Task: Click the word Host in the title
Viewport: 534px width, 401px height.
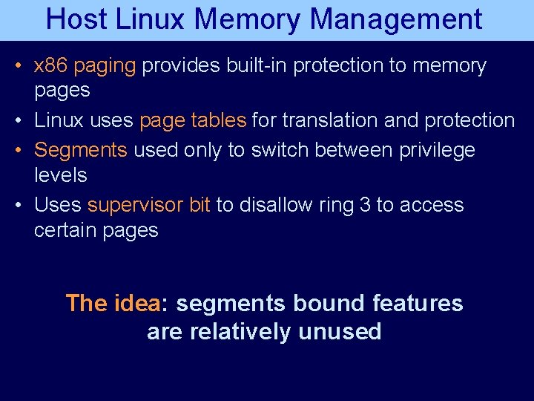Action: point(75,19)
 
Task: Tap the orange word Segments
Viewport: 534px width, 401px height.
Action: point(81,150)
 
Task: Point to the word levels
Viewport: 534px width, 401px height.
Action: point(61,175)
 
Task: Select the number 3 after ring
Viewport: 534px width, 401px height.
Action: point(364,205)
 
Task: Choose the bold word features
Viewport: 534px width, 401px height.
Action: point(418,303)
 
